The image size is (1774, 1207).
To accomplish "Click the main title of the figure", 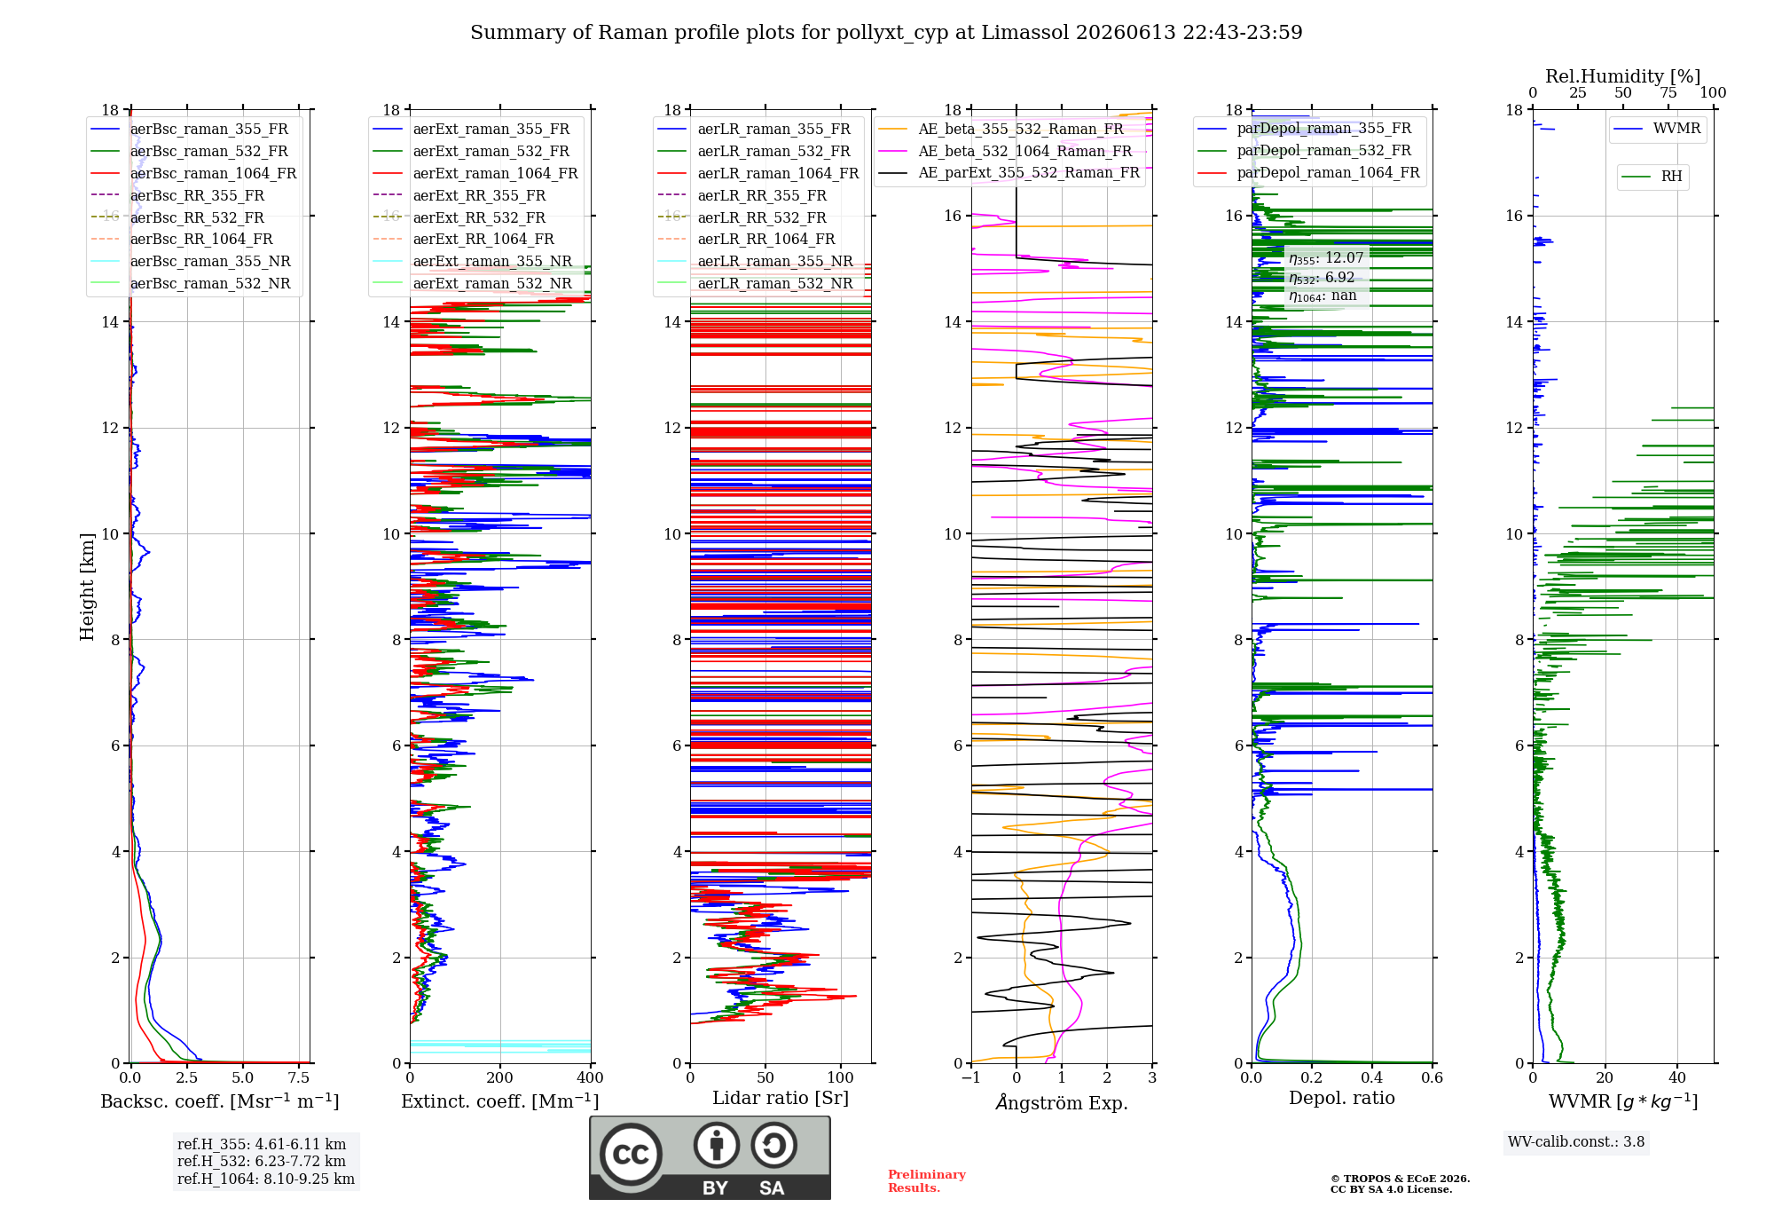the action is tap(886, 33).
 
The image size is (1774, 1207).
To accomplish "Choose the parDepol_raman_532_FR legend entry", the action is tap(1305, 150).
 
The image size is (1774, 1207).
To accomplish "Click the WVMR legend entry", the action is tap(1657, 129).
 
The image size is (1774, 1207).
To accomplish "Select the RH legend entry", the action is tap(1652, 177).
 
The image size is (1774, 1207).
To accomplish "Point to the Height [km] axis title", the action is tap(87, 587).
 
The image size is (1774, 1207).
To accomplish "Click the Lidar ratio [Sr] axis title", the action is tap(781, 1098).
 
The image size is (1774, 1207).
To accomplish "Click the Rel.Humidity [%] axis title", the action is tap(1623, 76).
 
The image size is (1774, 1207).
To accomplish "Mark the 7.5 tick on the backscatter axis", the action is tap(299, 1077).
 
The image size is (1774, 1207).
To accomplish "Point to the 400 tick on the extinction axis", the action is tap(590, 1077).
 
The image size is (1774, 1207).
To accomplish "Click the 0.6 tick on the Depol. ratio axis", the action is tap(1433, 1077).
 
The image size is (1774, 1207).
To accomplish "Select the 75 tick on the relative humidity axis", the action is tap(1668, 92).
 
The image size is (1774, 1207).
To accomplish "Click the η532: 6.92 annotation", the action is tap(1322, 278).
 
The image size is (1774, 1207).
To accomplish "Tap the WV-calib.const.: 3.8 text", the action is tap(1576, 1142).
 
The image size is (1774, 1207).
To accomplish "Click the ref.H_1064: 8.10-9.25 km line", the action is tap(266, 1179).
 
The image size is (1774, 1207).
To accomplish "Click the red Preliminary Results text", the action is tap(927, 1181).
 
